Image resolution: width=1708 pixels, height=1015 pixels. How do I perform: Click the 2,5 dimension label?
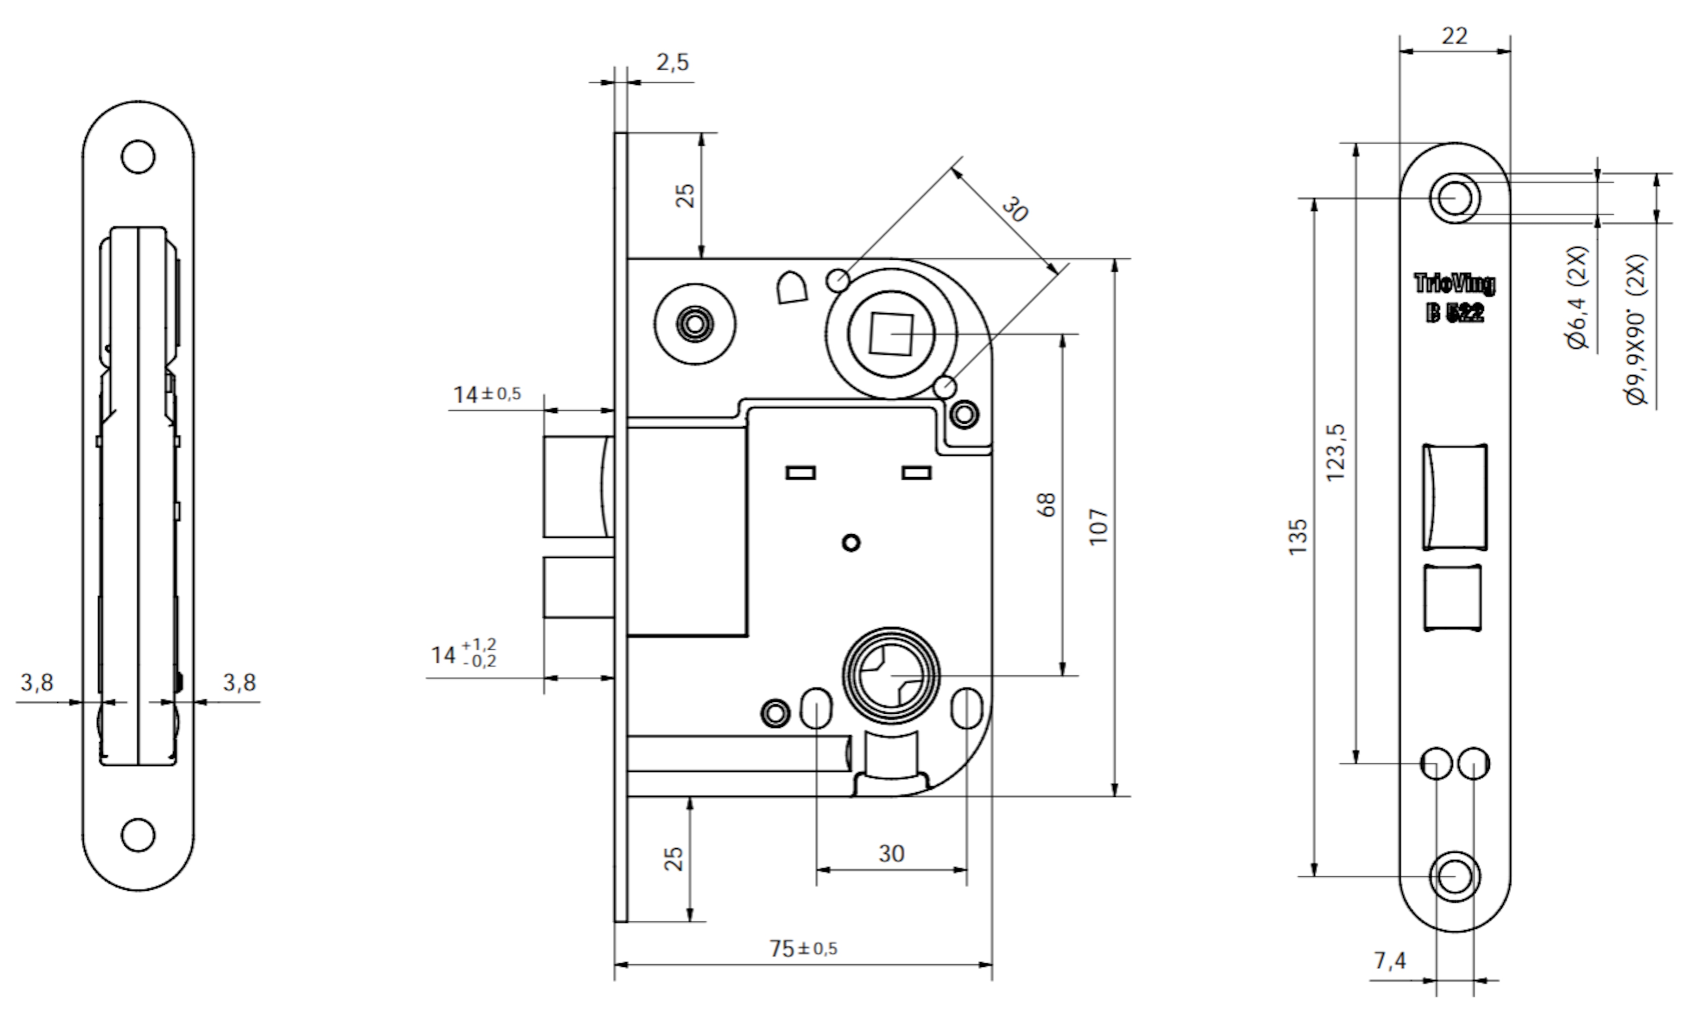(x=673, y=62)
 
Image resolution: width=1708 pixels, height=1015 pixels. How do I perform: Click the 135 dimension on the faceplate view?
(x=1297, y=537)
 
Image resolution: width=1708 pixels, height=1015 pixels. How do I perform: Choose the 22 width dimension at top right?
(x=1454, y=36)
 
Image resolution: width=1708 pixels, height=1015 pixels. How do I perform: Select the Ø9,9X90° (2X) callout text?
(x=1636, y=330)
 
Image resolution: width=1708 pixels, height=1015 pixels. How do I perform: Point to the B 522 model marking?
(x=1454, y=313)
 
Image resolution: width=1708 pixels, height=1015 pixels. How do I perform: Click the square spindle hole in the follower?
(x=891, y=334)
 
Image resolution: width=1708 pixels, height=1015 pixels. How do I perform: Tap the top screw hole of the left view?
(x=138, y=156)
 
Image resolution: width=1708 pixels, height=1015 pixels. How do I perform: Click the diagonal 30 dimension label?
(x=1015, y=210)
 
